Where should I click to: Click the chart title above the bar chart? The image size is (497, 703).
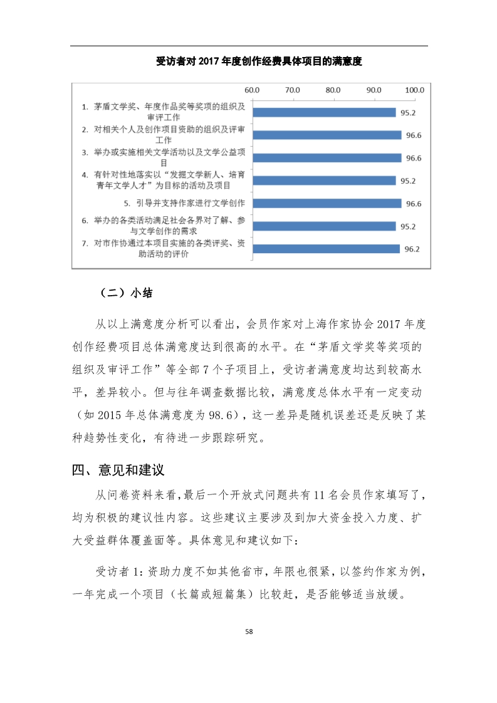pos(259,61)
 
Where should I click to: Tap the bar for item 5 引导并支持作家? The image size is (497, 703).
pos(327,203)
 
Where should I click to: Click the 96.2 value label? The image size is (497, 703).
pos(412,249)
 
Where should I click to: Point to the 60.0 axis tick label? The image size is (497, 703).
pos(253,90)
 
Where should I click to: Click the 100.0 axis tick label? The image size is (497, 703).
pos(415,90)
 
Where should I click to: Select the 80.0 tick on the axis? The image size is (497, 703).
pos(333,90)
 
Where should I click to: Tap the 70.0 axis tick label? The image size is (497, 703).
pos(293,90)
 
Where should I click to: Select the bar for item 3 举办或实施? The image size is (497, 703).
pos(327,158)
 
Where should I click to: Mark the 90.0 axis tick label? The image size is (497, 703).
pos(374,90)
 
